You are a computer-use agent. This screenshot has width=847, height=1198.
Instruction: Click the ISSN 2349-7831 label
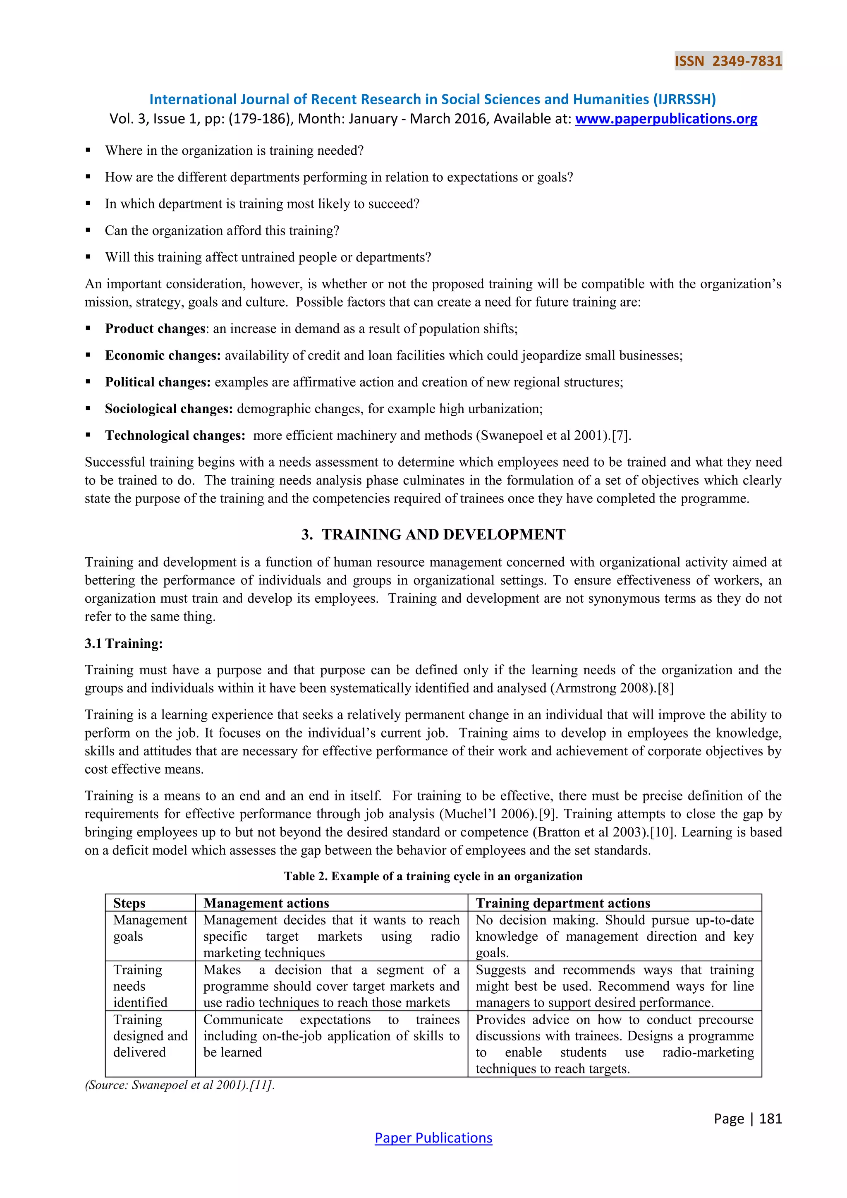click(728, 61)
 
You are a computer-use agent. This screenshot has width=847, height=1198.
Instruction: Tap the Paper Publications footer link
click(433, 1138)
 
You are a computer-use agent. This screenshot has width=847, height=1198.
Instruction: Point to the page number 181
click(770, 1118)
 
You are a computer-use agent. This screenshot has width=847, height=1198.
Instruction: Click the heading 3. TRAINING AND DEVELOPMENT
click(433, 534)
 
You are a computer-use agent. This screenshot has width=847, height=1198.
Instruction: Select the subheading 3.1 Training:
click(124, 643)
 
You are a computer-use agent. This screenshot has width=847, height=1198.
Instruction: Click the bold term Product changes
click(156, 329)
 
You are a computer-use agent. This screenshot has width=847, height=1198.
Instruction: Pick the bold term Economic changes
click(163, 355)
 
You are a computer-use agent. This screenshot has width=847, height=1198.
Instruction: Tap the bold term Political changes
click(158, 382)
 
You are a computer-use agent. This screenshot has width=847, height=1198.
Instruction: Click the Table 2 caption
click(433, 876)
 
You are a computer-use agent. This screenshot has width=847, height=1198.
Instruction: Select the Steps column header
click(129, 903)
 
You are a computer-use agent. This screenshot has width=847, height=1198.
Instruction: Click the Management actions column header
click(266, 903)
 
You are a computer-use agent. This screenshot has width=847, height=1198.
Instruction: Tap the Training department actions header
click(563, 903)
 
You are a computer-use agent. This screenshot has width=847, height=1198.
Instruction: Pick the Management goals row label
click(149, 928)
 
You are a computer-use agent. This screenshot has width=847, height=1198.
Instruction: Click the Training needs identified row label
click(140, 986)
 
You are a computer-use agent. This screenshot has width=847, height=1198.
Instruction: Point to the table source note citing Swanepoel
click(179, 1085)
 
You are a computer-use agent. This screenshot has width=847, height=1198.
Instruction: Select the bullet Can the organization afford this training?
click(222, 231)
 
